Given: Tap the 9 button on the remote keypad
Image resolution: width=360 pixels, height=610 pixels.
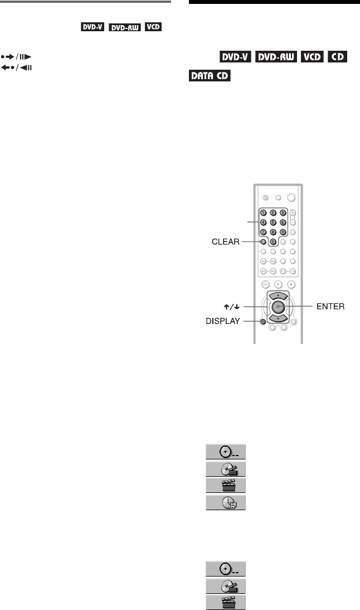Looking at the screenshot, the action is point(283,231).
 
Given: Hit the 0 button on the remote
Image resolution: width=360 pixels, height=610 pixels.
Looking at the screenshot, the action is point(273,242).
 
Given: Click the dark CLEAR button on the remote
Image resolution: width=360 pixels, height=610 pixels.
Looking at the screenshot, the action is point(262,242).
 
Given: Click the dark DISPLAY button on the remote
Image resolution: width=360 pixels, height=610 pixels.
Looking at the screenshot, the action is point(262,321).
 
